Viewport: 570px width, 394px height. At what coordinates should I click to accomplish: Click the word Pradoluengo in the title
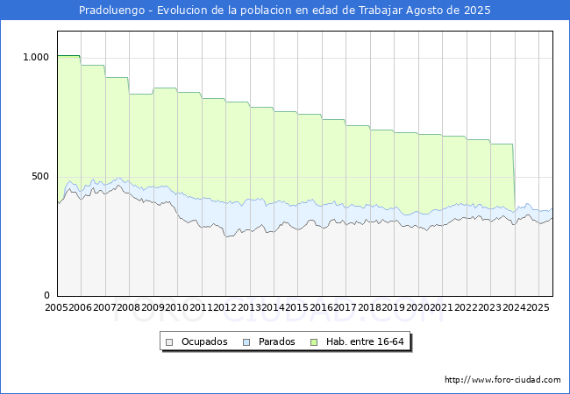pyautogui.click(x=112, y=11)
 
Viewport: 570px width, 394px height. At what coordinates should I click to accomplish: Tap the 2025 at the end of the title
pyautogui.click(x=477, y=11)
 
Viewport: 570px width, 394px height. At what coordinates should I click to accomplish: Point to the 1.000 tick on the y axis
pyautogui.click(x=36, y=57)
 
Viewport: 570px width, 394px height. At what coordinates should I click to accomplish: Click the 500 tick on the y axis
pyautogui.click(x=40, y=176)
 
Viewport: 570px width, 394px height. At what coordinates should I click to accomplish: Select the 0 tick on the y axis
pyautogui.click(x=46, y=295)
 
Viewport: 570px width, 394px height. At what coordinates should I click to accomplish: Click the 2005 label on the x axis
pyautogui.click(x=56, y=307)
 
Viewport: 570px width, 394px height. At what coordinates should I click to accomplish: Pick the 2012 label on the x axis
pyautogui.click(x=225, y=307)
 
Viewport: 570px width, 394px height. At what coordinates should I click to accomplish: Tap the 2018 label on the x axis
pyautogui.click(x=369, y=307)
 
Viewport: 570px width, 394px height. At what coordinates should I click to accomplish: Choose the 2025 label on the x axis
pyautogui.click(x=538, y=307)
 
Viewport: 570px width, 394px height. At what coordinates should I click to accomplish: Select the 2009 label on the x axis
pyautogui.click(x=153, y=307)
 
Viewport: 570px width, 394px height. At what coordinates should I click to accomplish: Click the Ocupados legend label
pyautogui.click(x=204, y=341)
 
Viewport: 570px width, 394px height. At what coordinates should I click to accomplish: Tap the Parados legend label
pyautogui.click(x=276, y=341)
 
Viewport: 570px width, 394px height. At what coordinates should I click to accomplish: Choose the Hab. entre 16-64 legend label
pyautogui.click(x=365, y=341)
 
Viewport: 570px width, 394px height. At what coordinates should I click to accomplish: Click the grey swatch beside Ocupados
pyautogui.click(x=169, y=342)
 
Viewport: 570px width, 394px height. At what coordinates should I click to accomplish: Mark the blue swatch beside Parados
pyautogui.click(x=246, y=342)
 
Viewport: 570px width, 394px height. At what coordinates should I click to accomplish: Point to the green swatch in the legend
pyautogui.click(x=314, y=342)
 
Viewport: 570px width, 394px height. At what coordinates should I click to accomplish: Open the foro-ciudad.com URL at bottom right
pyautogui.click(x=502, y=380)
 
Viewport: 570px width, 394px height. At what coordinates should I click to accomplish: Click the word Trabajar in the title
pyautogui.click(x=381, y=11)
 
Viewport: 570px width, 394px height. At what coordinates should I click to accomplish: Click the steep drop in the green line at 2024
pyautogui.click(x=514, y=178)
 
